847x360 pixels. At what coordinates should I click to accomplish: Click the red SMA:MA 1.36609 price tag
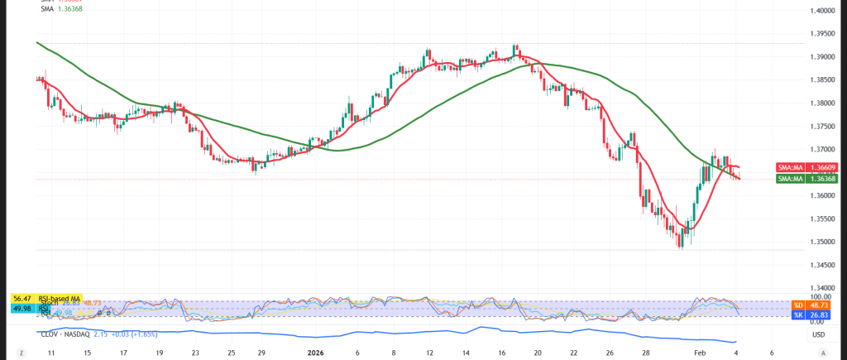(x=798, y=167)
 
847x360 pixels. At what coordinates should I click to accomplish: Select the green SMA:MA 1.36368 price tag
(x=798, y=178)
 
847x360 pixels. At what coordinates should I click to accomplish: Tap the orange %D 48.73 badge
(x=798, y=305)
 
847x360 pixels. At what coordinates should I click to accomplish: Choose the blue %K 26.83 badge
(x=798, y=314)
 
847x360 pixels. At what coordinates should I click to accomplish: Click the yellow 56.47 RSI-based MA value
(x=22, y=298)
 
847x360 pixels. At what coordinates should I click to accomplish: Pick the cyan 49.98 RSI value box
(x=22, y=308)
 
